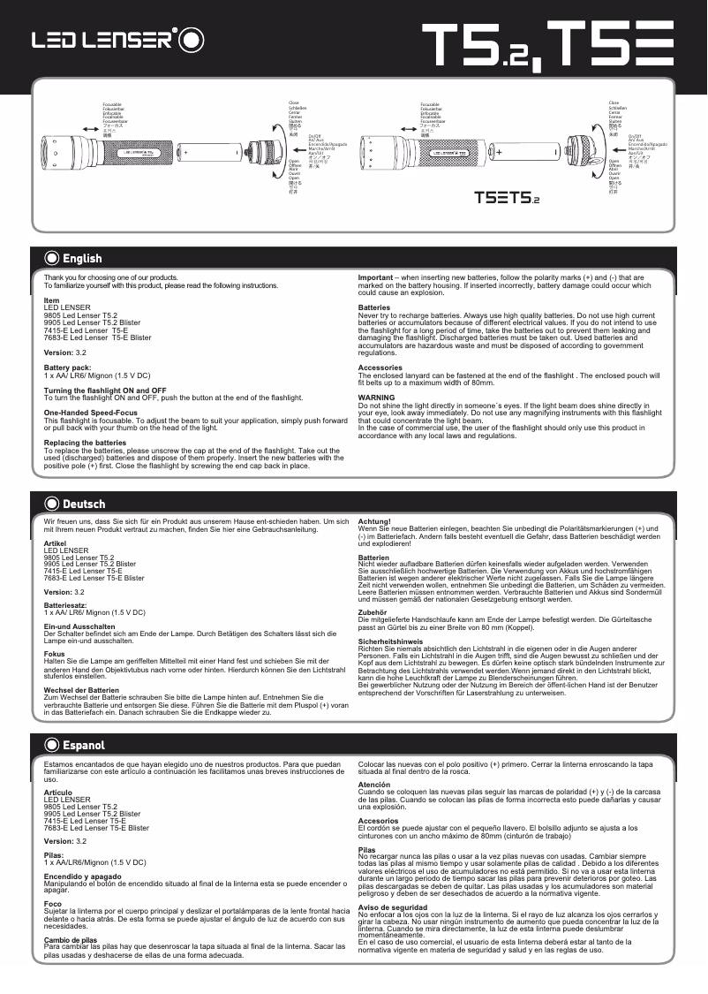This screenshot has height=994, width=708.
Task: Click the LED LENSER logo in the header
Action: pyautogui.click(x=118, y=40)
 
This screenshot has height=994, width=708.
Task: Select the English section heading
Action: pyautogui.click(x=81, y=259)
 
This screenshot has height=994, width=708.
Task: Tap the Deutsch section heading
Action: pyautogui.click(x=83, y=505)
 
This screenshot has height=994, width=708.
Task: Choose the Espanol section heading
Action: pyautogui.click(x=83, y=746)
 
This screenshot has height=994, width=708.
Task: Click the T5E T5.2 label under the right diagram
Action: pyautogui.click(x=507, y=196)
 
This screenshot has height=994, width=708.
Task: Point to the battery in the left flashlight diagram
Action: pyautogui.click(x=212, y=152)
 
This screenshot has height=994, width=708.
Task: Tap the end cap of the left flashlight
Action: pyautogui.click(x=265, y=152)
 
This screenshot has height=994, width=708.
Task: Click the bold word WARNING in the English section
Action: pyautogui.click(x=376, y=398)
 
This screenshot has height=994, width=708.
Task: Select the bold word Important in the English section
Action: pyautogui.click(x=375, y=277)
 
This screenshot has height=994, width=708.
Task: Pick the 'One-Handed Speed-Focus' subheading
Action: pyautogui.click(x=90, y=413)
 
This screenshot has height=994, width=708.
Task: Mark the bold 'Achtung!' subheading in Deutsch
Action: pyautogui.click(x=373, y=521)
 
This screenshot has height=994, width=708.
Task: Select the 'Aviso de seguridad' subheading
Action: pyautogui.click(x=393, y=907)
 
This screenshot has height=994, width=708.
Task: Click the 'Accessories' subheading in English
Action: pyautogui.click(x=380, y=368)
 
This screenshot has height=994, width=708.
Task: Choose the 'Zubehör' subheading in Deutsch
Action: pyautogui.click(x=373, y=611)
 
